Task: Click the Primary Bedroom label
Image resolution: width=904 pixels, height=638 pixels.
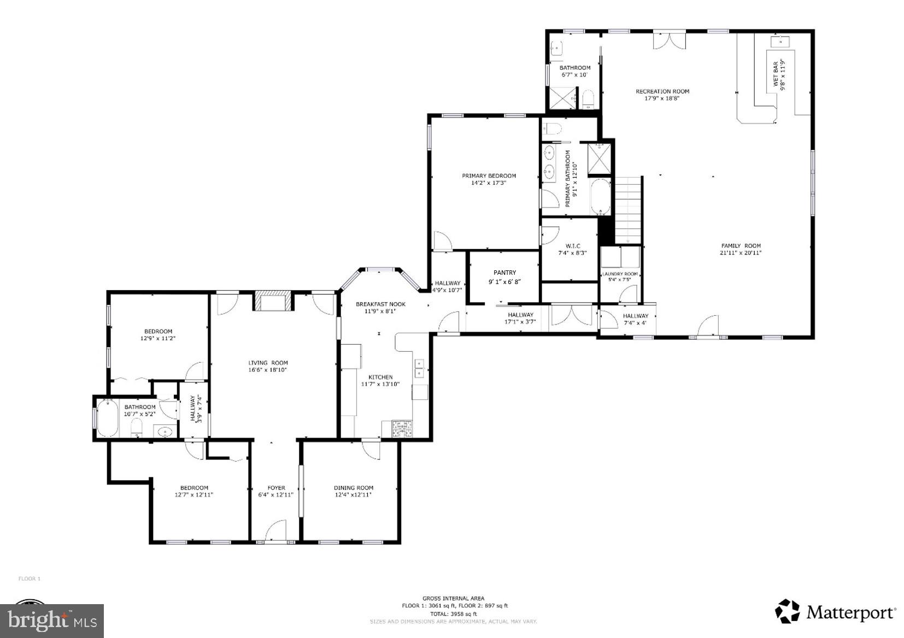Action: (x=489, y=175)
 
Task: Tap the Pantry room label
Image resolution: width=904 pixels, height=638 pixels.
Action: (x=504, y=273)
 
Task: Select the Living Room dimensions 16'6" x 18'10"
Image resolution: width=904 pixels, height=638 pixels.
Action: (x=268, y=370)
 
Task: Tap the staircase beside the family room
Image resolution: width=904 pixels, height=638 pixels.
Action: (x=629, y=210)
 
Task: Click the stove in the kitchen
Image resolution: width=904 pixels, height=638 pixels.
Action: (x=402, y=429)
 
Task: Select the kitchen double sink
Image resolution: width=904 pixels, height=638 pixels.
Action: (x=420, y=369)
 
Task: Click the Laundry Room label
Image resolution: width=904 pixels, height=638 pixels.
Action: (x=620, y=274)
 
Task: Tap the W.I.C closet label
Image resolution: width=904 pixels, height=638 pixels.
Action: (x=572, y=246)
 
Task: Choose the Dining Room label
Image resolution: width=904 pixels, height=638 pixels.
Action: (x=354, y=488)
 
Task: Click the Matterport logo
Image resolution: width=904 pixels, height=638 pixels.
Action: (x=835, y=612)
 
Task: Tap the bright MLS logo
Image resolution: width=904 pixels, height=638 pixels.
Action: (x=52, y=621)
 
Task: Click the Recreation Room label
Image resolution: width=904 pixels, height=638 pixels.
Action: (x=662, y=91)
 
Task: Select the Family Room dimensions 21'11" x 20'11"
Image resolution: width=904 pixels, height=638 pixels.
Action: (x=741, y=252)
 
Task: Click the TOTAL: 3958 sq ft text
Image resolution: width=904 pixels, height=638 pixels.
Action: (x=453, y=613)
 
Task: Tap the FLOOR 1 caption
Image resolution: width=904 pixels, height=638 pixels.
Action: (x=30, y=578)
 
